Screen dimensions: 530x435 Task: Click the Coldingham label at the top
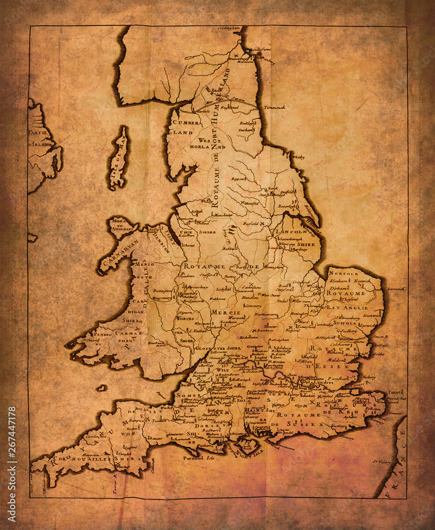(230, 28)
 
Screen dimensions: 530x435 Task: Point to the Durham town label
(246, 129)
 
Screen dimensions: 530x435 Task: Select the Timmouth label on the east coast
(275, 107)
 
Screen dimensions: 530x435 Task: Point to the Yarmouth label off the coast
(396, 289)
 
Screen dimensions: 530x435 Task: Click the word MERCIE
(227, 313)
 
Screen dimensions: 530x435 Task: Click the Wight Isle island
(248, 444)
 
